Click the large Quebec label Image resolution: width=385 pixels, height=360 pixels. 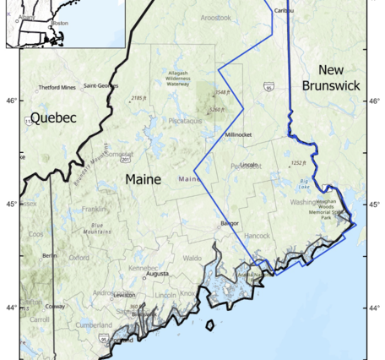(x=53, y=118)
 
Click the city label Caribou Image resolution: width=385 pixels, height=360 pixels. (x=284, y=9)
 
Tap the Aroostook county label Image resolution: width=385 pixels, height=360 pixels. (x=215, y=17)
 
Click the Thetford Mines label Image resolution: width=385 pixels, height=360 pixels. (x=57, y=87)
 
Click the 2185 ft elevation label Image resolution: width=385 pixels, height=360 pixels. (x=140, y=98)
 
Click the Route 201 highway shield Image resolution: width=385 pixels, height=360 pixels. (x=125, y=158)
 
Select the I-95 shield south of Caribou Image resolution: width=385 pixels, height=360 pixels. (x=268, y=86)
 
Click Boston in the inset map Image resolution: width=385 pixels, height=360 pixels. (x=58, y=23)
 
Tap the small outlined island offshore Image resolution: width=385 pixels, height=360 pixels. (x=209, y=324)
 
